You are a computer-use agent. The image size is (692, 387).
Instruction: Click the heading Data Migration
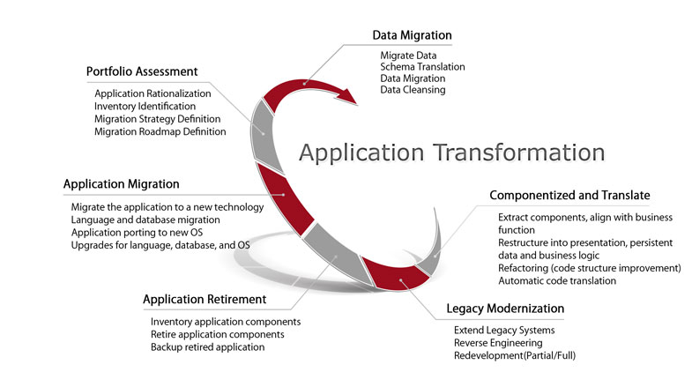click(x=412, y=35)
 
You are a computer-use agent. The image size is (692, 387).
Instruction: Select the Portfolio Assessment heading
click(x=142, y=71)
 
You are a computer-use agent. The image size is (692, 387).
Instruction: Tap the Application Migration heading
click(x=122, y=184)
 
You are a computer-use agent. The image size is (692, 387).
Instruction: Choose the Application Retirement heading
click(x=205, y=300)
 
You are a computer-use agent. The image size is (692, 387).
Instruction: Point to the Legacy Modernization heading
click(x=505, y=309)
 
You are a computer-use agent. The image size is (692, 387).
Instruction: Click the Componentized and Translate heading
click(x=569, y=196)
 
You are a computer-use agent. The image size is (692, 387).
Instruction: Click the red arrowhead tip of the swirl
click(x=357, y=105)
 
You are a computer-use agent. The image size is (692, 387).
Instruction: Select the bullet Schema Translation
click(x=422, y=67)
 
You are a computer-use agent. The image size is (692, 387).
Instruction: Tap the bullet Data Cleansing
click(x=413, y=90)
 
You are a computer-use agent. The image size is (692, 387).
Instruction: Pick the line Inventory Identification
click(x=145, y=107)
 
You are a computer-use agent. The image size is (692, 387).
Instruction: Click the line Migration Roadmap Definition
click(x=160, y=131)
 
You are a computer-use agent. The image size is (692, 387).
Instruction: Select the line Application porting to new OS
click(x=137, y=233)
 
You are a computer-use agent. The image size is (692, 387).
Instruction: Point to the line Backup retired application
click(x=207, y=347)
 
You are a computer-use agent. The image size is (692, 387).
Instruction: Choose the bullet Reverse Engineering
click(x=498, y=343)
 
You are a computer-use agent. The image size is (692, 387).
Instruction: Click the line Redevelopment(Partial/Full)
click(x=515, y=355)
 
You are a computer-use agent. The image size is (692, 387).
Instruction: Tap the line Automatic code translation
click(x=557, y=281)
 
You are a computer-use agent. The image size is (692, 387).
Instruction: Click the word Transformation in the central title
click(x=518, y=153)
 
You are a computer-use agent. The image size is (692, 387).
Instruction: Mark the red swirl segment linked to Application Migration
click(x=285, y=198)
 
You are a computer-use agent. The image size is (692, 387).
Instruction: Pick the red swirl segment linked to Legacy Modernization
click(x=395, y=274)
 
